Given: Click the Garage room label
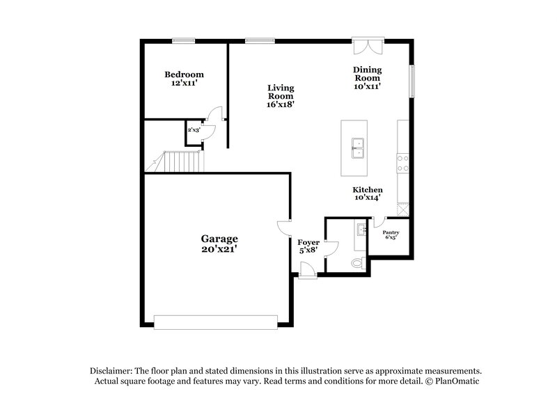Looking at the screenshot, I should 220,238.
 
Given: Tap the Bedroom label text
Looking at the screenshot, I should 184,74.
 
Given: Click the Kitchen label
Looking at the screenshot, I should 367,190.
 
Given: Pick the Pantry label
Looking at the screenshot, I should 391,232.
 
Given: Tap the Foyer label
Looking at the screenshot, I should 308,242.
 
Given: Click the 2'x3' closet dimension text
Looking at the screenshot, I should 193,129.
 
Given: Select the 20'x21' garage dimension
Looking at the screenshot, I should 220,248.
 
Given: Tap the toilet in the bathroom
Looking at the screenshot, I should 356,262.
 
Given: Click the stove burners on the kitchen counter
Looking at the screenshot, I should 402,163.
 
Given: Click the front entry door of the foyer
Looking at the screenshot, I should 307,274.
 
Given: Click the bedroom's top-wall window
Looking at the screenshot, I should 183,40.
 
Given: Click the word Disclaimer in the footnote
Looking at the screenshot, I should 111,371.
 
